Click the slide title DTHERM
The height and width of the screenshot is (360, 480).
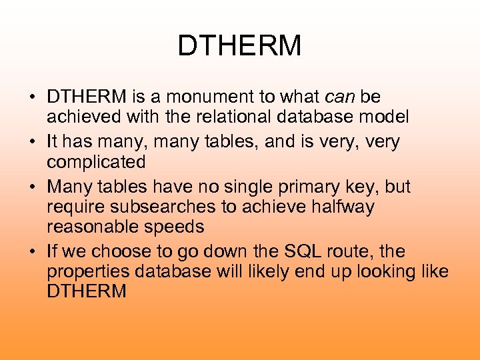coord(239,46)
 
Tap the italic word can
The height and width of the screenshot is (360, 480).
coord(342,97)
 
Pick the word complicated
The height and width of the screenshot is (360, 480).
coord(96,162)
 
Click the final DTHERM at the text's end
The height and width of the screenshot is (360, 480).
coord(87,291)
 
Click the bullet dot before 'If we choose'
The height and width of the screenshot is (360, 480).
coord(32,253)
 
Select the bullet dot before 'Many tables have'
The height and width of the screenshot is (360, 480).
coord(32,187)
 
